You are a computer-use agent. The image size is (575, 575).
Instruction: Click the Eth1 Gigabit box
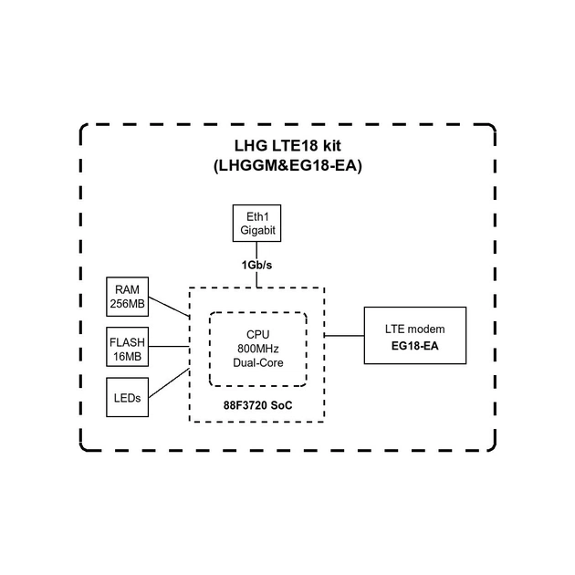tap(256, 224)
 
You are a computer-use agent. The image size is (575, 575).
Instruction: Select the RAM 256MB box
tap(127, 296)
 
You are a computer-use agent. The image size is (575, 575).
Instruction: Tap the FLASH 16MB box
tap(127, 349)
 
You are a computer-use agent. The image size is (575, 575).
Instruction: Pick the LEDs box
tap(127, 400)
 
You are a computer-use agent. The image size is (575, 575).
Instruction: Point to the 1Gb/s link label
tap(256, 265)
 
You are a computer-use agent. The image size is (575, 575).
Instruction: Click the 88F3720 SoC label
tap(257, 404)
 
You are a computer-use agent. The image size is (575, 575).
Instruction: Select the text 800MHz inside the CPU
tap(257, 349)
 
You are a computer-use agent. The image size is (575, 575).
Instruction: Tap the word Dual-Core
tap(257, 362)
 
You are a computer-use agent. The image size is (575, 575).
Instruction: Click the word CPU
tap(257, 335)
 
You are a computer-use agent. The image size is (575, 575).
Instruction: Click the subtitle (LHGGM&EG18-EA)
tap(287, 166)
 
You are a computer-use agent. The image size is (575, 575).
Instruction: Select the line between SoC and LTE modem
tap(345, 335)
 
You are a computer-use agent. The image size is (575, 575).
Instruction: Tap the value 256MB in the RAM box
tap(127, 304)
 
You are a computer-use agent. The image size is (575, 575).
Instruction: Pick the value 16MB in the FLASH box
tap(127, 357)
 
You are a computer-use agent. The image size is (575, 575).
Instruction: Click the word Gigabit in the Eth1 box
tap(256, 232)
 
